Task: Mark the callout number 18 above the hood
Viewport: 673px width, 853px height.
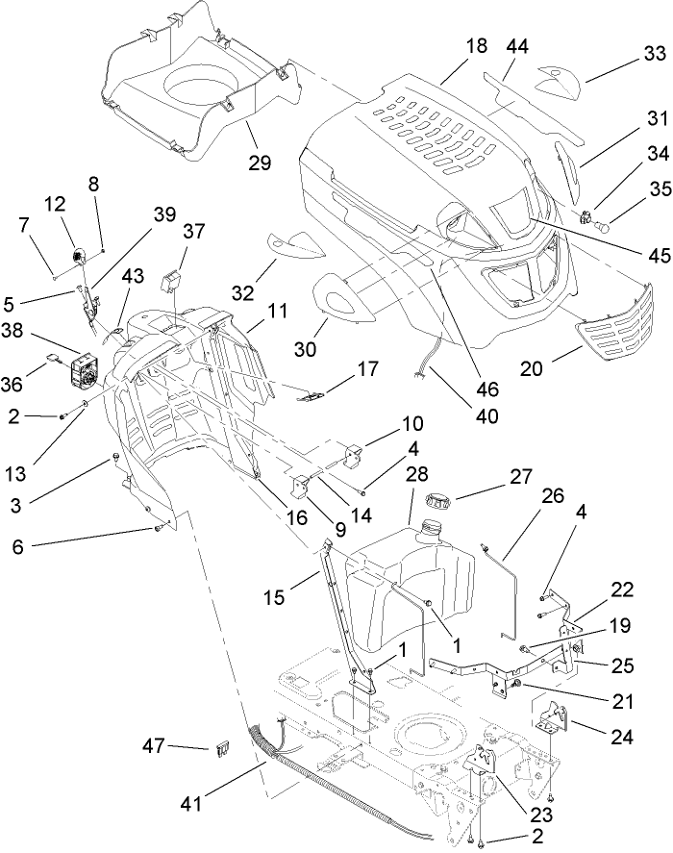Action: click(476, 46)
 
